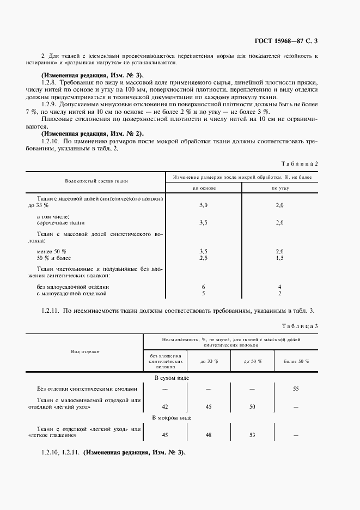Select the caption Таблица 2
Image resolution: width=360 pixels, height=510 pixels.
click(x=299, y=163)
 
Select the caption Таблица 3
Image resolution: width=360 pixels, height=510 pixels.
click(x=299, y=326)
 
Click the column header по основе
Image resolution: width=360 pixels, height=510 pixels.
click(x=204, y=188)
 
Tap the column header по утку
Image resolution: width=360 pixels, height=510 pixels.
click(x=280, y=188)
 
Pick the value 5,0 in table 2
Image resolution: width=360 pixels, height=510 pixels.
click(x=204, y=206)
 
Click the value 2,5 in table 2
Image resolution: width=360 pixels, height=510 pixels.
click(x=204, y=258)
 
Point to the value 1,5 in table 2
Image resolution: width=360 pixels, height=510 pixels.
click(x=280, y=258)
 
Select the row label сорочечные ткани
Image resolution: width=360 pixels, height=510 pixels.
click(x=60, y=223)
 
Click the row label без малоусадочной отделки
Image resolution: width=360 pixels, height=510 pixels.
click(x=73, y=286)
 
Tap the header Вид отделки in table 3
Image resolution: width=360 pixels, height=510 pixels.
click(x=85, y=351)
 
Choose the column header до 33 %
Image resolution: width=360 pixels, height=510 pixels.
click(x=209, y=361)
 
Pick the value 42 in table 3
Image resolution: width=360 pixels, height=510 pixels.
click(x=165, y=406)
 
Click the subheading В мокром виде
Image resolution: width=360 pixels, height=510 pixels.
click(x=171, y=417)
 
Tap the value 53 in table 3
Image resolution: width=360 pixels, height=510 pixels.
click(x=252, y=435)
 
